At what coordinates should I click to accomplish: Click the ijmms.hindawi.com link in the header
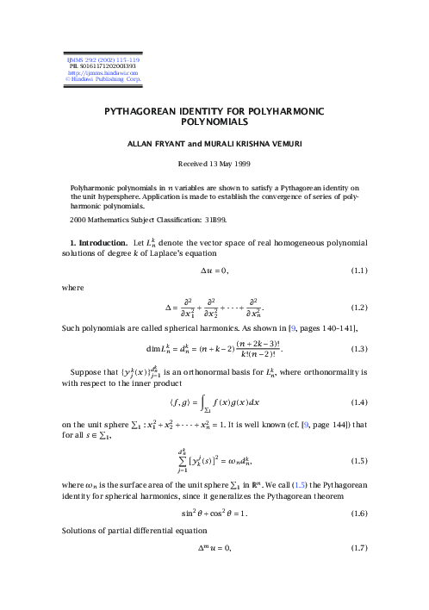point(97,72)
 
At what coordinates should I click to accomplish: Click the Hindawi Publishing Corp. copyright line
point(97,79)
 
